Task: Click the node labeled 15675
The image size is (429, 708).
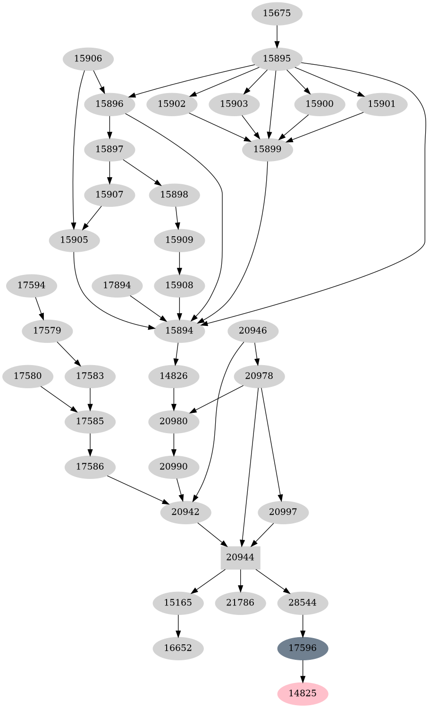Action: pos(277,13)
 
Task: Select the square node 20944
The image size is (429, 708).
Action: pos(240,557)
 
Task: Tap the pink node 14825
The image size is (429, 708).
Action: pos(303,693)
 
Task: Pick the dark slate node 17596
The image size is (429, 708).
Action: pos(303,648)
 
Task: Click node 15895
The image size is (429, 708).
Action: pos(277,59)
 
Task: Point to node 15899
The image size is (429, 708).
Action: pos(268,149)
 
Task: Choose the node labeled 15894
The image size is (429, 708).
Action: pos(179,331)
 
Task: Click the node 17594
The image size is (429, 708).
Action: pos(32,285)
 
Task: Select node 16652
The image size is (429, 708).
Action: pos(178,648)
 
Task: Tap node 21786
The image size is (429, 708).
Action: pos(240,603)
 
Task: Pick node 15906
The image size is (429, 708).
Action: pos(88,59)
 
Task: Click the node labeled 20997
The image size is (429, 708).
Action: pos(283,512)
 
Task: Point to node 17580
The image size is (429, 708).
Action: pos(27,376)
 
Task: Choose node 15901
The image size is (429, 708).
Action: pos(381,104)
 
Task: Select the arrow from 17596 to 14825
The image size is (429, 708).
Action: pos(303,671)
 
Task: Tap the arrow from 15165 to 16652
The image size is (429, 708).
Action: pos(178,625)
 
